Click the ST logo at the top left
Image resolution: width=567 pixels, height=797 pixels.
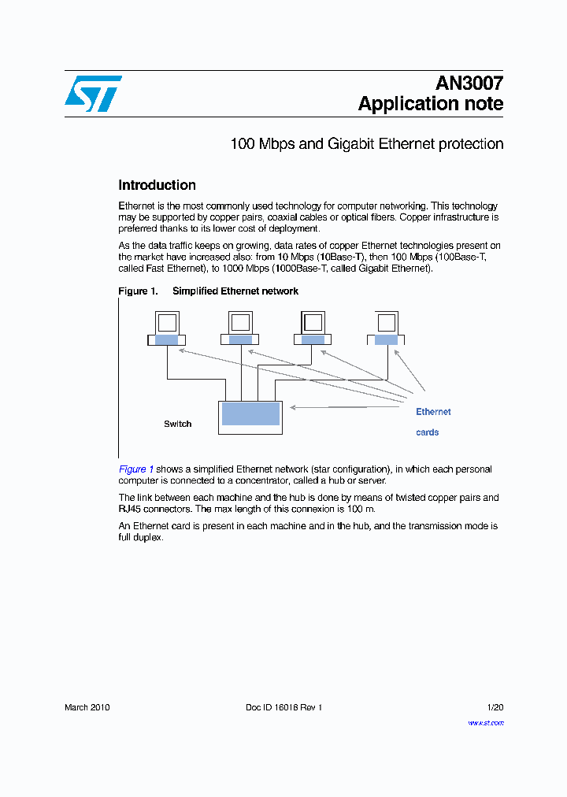pyautogui.click(x=92, y=94)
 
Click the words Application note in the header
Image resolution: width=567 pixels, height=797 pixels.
pyautogui.click(x=430, y=103)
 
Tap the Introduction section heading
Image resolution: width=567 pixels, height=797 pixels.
pyautogui.click(x=157, y=185)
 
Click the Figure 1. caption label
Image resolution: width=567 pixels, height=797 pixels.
pyautogui.click(x=138, y=291)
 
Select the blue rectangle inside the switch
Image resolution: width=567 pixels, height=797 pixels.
pyautogui.click(x=250, y=413)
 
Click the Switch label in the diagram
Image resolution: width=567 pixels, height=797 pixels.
pyautogui.click(x=177, y=424)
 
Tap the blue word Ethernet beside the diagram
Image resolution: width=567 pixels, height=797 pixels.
pyautogui.click(x=433, y=412)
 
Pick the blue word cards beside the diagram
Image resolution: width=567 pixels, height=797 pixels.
pyautogui.click(x=427, y=432)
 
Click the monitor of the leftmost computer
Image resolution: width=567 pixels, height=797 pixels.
pyautogui.click(x=167, y=322)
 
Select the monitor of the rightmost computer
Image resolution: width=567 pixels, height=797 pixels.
pyautogui.click(x=386, y=322)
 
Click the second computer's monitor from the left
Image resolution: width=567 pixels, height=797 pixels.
pyautogui.click(x=240, y=322)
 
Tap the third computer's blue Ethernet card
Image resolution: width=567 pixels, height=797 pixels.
pyautogui.click(x=313, y=339)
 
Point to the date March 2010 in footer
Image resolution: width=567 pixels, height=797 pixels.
pyautogui.click(x=87, y=707)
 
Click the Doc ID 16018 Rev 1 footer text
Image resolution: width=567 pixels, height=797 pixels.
pyautogui.click(x=283, y=707)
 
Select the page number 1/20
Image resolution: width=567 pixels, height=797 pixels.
pyautogui.click(x=495, y=707)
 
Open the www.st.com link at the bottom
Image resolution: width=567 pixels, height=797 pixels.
pyautogui.click(x=486, y=723)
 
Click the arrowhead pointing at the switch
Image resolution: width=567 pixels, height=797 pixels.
pyautogui.click(x=293, y=407)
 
